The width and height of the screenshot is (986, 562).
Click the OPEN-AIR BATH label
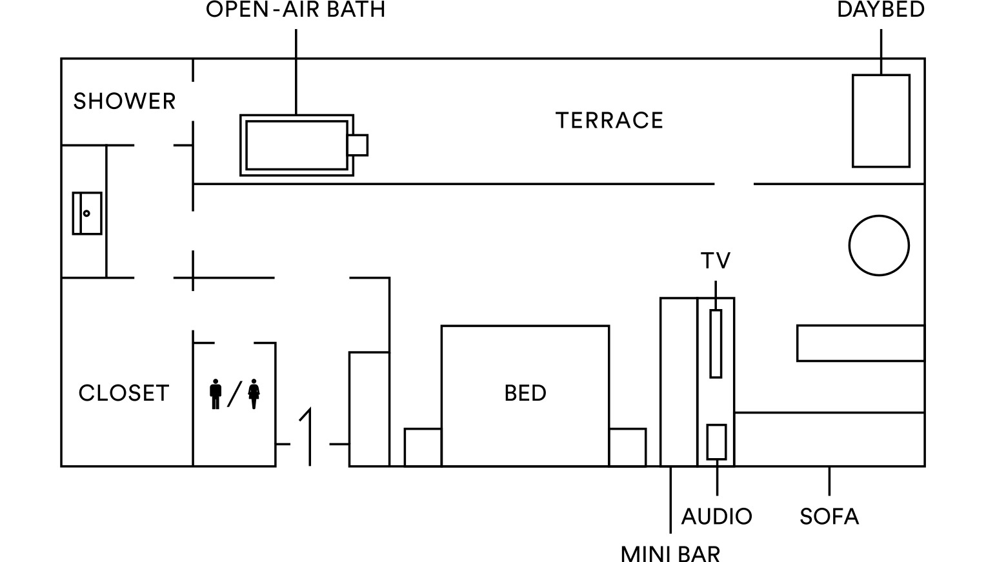(296, 10)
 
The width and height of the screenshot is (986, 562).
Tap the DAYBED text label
(881, 10)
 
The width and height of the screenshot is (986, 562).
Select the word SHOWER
(125, 101)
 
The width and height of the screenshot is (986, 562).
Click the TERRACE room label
(609, 121)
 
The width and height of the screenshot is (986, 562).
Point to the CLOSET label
(124, 393)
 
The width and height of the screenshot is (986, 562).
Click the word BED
(525, 393)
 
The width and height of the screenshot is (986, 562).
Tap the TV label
(716, 261)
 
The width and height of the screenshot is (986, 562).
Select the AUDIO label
(717, 516)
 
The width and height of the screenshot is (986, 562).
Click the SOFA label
(829, 516)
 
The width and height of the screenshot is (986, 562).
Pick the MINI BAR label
(670, 553)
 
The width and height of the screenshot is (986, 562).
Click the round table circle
(879, 246)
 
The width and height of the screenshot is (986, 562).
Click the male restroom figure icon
(216, 394)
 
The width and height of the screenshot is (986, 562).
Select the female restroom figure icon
(254, 394)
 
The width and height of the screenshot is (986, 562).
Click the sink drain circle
(86, 214)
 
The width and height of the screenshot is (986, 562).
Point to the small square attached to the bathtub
(358, 145)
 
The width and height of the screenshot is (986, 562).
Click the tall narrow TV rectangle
(716, 344)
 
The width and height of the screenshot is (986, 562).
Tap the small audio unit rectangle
(717, 442)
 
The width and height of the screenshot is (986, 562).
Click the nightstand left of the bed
(423, 447)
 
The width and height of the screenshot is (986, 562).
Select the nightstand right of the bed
(628, 447)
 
